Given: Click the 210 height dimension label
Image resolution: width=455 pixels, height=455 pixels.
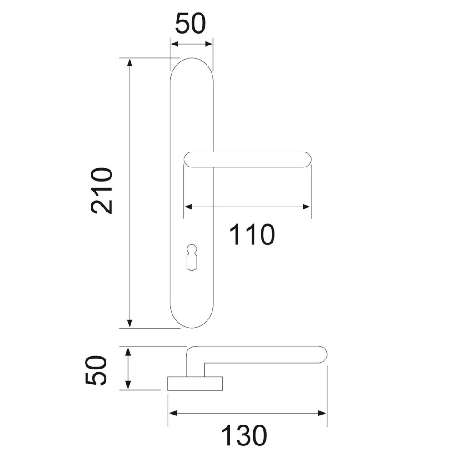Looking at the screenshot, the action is pyautogui.click(x=101, y=191).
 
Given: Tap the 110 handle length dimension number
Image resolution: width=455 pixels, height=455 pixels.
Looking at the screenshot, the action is pyautogui.click(x=252, y=234).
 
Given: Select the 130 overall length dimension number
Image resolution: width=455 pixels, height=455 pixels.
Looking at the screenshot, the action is pyautogui.click(x=244, y=435).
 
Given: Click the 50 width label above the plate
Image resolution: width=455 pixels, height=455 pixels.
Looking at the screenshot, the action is pyautogui.click(x=191, y=23).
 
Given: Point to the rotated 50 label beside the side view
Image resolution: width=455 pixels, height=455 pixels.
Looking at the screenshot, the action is pyautogui.click(x=96, y=370).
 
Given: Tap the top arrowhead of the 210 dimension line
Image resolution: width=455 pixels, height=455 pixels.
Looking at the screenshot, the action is pyautogui.click(x=130, y=62).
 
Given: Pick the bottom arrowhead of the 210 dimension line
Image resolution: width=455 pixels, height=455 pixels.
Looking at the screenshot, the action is pyautogui.click(x=130, y=324).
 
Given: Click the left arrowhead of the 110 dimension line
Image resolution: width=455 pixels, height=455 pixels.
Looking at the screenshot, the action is pyautogui.click(x=188, y=207).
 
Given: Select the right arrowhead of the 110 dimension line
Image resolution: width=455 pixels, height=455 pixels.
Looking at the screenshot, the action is pyautogui.click(x=307, y=207).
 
